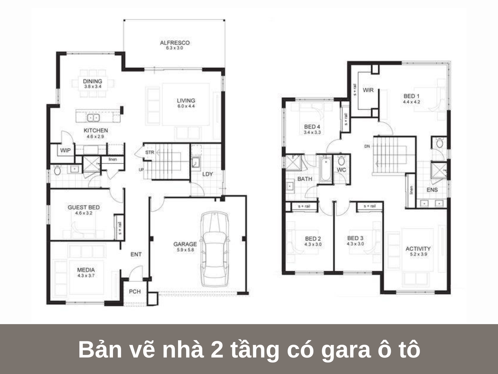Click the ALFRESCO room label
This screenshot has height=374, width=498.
(x=175, y=43)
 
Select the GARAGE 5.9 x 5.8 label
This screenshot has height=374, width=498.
(x=185, y=247)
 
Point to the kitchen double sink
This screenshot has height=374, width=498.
(x=93, y=117)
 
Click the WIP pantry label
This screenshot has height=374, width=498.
(x=65, y=150)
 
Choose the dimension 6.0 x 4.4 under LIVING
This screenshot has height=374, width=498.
(x=186, y=106)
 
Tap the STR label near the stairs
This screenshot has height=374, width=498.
(x=150, y=152)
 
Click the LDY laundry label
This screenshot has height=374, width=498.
(x=208, y=174)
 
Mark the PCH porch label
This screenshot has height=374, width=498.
(x=135, y=291)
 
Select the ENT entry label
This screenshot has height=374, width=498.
(x=136, y=254)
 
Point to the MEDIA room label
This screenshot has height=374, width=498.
(x=86, y=270)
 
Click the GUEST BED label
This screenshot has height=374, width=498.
(x=84, y=207)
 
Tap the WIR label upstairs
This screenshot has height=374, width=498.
(x=368, y=90)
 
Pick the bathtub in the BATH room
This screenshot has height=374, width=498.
(x=326, y=169)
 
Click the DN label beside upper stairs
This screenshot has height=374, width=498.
(x=367, y=146)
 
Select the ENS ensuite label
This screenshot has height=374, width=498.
(x=432, y=189)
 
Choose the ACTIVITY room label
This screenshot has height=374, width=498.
(x=418, y=249)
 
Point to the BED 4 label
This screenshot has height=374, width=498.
(x=312, y=127)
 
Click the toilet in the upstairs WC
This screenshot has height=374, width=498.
(x=341, y=160)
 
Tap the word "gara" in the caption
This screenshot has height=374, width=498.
(x=346, y=350)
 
